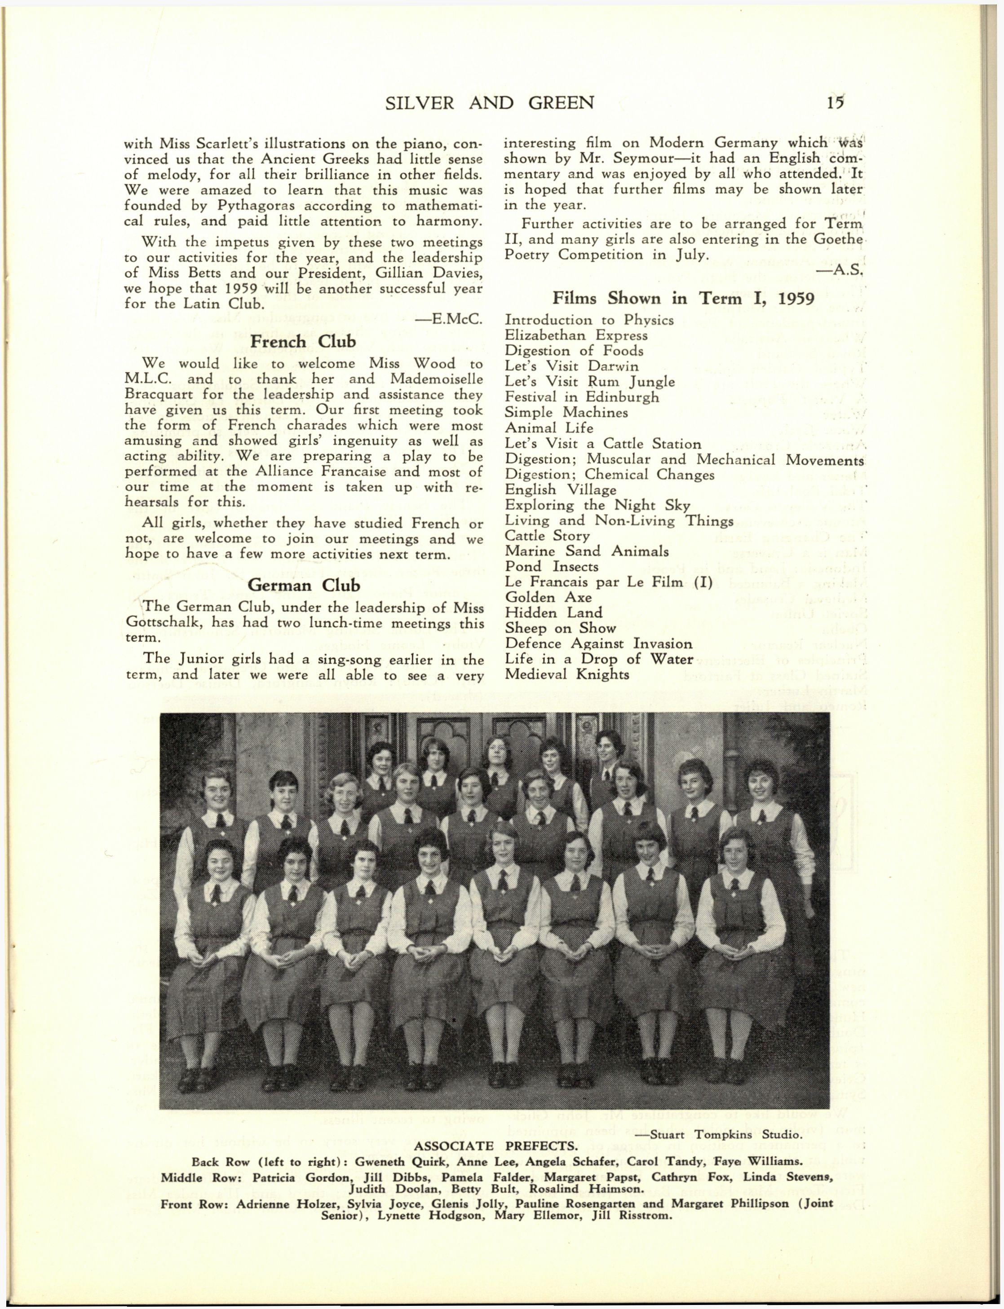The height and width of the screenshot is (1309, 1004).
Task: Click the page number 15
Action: (x=836, y=103)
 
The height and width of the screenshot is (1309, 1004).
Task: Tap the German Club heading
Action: (x=304, y=585)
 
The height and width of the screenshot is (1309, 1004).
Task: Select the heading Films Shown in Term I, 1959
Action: (x=684, y=298)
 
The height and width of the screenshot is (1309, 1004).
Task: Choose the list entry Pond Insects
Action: (x=552, y=566)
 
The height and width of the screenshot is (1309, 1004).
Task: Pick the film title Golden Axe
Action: (x=548, y=597)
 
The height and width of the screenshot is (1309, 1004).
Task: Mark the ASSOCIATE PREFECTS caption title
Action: (x=495, y=1146)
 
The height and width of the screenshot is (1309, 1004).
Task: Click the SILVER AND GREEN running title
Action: (x=490, y=103)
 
